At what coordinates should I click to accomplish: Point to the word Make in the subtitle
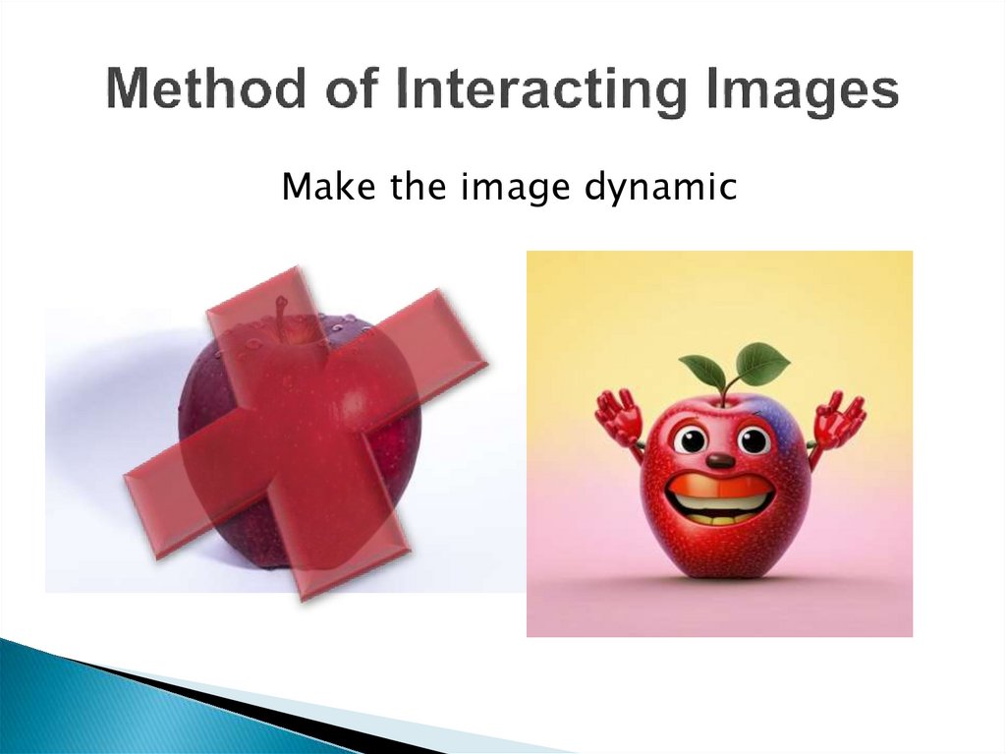point(318,187)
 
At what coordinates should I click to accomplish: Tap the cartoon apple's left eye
point(691,439)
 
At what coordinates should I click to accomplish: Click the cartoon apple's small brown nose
point(720,460)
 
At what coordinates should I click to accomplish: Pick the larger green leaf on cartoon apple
point(762,363)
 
